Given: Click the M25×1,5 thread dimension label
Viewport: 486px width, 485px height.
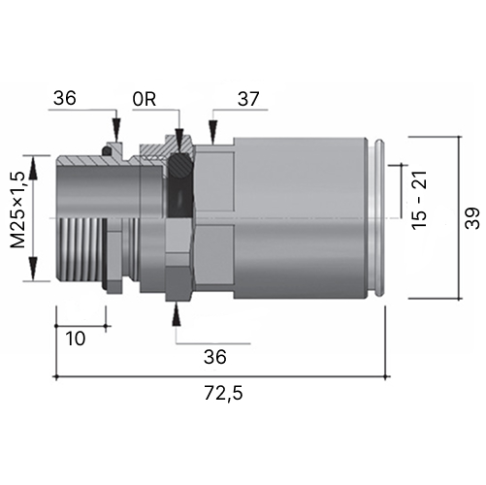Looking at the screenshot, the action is point(17,210).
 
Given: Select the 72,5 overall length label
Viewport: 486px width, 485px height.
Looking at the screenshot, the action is point(223,394).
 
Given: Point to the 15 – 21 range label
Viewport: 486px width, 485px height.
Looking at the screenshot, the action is point(419,200).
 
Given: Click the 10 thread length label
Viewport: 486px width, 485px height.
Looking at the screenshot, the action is point(76,339).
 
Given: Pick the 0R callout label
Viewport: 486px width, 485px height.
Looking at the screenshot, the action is point(145,99).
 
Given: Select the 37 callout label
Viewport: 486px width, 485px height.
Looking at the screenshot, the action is point(248,99).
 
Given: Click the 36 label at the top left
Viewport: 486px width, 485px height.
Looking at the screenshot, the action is point(65,98).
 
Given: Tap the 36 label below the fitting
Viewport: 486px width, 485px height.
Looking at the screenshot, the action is point(215,357).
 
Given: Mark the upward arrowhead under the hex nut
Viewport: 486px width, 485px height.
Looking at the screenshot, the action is point(176,313).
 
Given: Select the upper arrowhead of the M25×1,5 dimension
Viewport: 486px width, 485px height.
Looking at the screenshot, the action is point(33,168).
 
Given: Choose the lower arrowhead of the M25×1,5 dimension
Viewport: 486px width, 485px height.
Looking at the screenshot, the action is point(33,269).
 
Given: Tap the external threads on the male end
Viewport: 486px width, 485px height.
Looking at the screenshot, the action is point(81,249).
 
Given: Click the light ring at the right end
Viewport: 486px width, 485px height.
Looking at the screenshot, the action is point(379,218).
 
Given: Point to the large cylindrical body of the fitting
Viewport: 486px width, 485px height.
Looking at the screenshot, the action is point(300,218).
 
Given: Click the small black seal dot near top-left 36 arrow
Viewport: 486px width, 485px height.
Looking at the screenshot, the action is point(107,151).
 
